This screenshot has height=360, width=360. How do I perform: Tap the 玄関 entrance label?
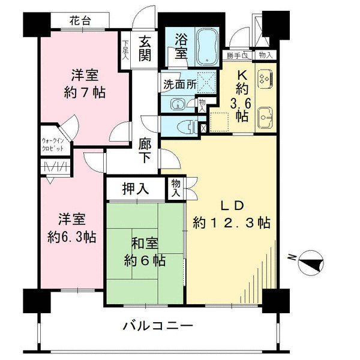tap(145, 49)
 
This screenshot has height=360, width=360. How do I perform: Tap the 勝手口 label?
tap(238, 56)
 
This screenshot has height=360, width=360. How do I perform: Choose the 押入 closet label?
tap(136, 189)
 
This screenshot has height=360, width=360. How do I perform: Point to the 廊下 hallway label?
tap(145, 152)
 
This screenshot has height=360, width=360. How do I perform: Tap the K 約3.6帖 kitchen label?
tap(242, 96)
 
